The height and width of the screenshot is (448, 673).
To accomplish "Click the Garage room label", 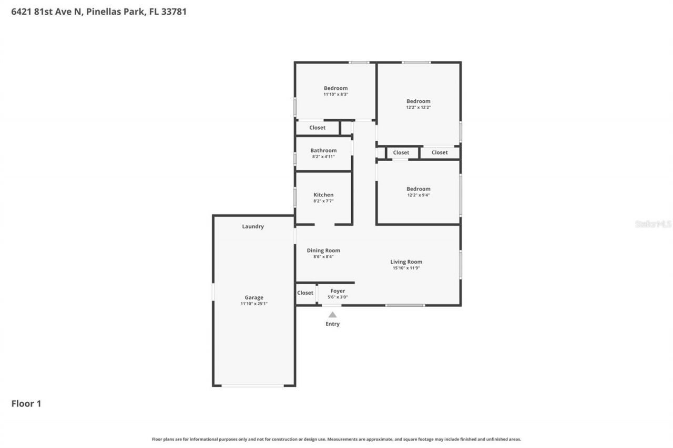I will click(x=253, y=297).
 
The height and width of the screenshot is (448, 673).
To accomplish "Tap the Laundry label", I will click(x=253, y=226).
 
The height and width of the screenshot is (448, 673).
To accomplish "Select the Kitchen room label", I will click(x=323, y=195).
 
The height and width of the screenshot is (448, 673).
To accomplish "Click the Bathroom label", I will click(x=323, y=150).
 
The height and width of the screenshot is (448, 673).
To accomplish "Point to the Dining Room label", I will click(x=323, y=251).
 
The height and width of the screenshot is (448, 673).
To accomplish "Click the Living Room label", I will click(x=406, y=262).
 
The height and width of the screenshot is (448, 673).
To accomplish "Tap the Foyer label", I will click(x=338, y=291).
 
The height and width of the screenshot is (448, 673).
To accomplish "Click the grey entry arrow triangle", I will click(x=332, y=315).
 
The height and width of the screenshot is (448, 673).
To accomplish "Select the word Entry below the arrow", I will click(x=332, y=324).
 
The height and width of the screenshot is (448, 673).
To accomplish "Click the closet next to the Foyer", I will click(x=305, y=293).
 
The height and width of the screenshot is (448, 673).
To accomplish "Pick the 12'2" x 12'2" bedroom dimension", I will click(x=418, y=107).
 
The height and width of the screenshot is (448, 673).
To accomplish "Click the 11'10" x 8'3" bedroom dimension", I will click(x=335, y=95).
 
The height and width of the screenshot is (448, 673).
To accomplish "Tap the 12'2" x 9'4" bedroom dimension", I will click(x=418, y=195).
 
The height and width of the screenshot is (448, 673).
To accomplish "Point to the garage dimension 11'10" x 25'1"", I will click(x=253, y=304).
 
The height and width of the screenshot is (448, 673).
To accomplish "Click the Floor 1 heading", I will click(x=26, y=403).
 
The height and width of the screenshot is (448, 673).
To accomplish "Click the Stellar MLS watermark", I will click(x=653, y=224).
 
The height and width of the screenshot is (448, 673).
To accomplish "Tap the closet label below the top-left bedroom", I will click(x=317, y=128).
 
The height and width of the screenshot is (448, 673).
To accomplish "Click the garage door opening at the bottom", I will click(x=252, y=386).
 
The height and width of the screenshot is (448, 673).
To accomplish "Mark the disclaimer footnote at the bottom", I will click(x=336, y=439).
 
